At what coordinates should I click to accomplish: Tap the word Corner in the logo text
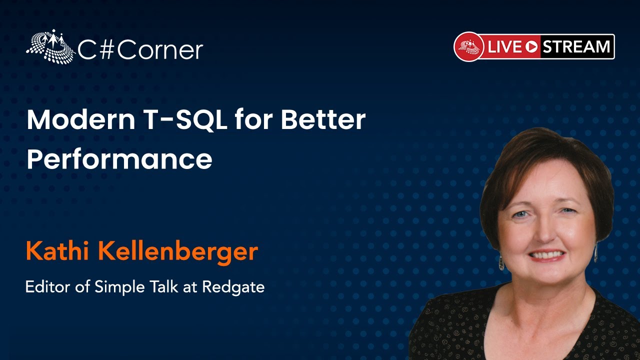click(x=160, y=50)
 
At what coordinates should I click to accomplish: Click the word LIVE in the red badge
click(x=504, y=46)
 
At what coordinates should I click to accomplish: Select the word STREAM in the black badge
click(x=576, y=46)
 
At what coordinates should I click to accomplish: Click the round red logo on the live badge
click(x=469, y=46)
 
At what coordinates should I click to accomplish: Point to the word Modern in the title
click(x=81, y=119)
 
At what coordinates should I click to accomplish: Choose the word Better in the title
click(x=323, y=119)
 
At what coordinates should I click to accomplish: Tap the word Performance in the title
click(x=119, y=159)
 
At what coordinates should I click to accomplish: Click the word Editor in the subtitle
click(x=47, y=286)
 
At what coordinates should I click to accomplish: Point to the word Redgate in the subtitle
click(x=233, y=287)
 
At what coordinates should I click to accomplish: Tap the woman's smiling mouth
click(x=546, y=255)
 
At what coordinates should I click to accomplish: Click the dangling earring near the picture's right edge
click(x=595, y=252)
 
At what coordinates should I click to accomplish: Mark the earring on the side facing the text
click(x=501, y=262)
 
